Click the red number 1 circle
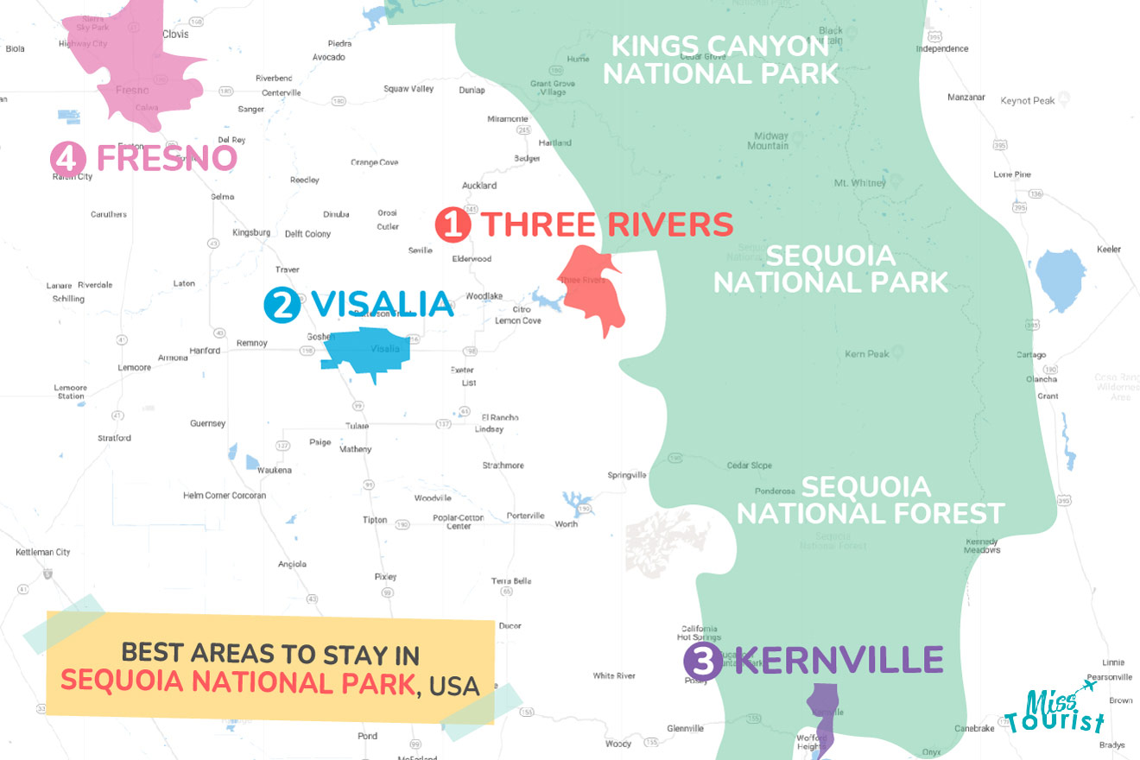tap(453, 225)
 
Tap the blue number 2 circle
tap(282, 305)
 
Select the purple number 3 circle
tap(702, 662)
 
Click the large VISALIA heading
tap(382, 304)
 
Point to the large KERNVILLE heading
tap(839, 661)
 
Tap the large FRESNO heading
tap(166, 158)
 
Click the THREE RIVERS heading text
tap(607, 225)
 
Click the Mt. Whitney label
tap(859, 183)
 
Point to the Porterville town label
tap(525, 516)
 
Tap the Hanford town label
tap(205, 351)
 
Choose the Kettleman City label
tap(43, 552)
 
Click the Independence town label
tap(941, 49)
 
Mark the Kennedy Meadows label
tap(981, 546)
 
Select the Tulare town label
tap(357, 426)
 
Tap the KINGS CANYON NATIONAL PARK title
tap(720, 59)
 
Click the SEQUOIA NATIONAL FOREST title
tap(870, 499)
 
